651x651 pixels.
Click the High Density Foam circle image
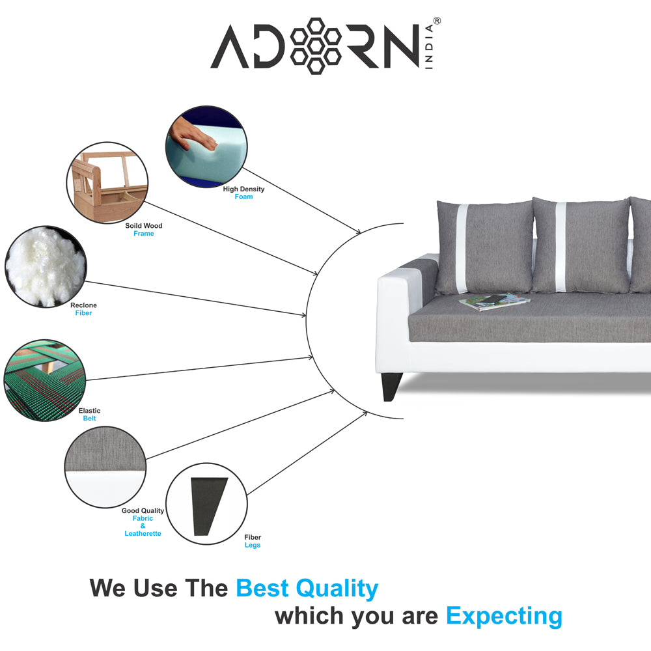pyautogui.click(x=206, y=147)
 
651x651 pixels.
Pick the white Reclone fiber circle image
pyautogui.click(x=45, y=266)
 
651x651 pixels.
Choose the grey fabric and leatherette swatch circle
pyautogui.click(x=105, y=467)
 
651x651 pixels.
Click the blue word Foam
pyautogui.click(x=243, y=197)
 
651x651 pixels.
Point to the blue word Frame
pyautogui.click(x=144, y=234)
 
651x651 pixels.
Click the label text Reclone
pyautogui.click(x=83, y=305)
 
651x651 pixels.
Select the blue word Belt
pyautogui.click(x=89, y=419)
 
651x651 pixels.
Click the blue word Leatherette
pyautogui.click(x=143, y=534)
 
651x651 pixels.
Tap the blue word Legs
pyautogui.click(x=253, y=546)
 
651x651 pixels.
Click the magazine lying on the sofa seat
pyautogui.click(x=495, y=301)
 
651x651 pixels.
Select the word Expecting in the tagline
pyautogui.click(x=504, y=616)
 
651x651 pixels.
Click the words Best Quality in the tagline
pyautogui.click(x=307, y=589)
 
